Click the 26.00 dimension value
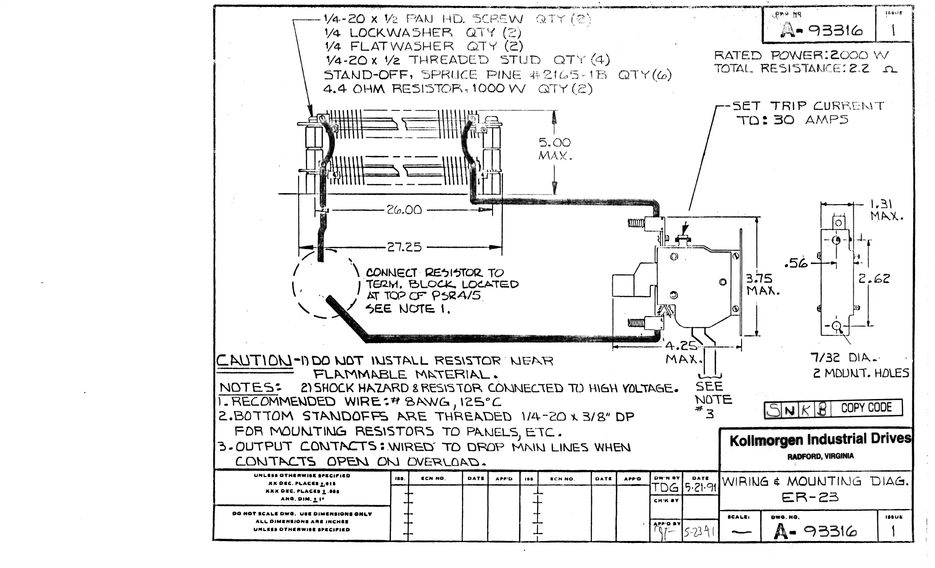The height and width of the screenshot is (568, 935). click(404, 210)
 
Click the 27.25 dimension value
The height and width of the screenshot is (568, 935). click(404, 247)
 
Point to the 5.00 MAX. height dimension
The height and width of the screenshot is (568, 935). click(555, 148)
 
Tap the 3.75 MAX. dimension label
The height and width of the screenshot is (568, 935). click(762, 284)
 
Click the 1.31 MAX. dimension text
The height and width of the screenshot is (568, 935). click(886, 210)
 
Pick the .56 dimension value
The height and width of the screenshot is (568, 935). click(795, 264)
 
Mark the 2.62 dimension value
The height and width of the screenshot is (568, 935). click(874, 279)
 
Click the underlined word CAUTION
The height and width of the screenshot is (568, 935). click(254, 361)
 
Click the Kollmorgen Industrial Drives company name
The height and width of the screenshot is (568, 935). click(820, 440)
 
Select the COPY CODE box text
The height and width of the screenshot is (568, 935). click(866, 408)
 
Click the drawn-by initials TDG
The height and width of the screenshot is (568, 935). click(666, 488)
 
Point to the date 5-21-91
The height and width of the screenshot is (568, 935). click(700, 488)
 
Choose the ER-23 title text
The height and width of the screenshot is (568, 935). click(810, 498)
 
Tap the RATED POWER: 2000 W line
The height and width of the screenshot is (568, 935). click(801, 55)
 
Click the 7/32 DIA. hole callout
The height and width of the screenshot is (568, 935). click(844, 358)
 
